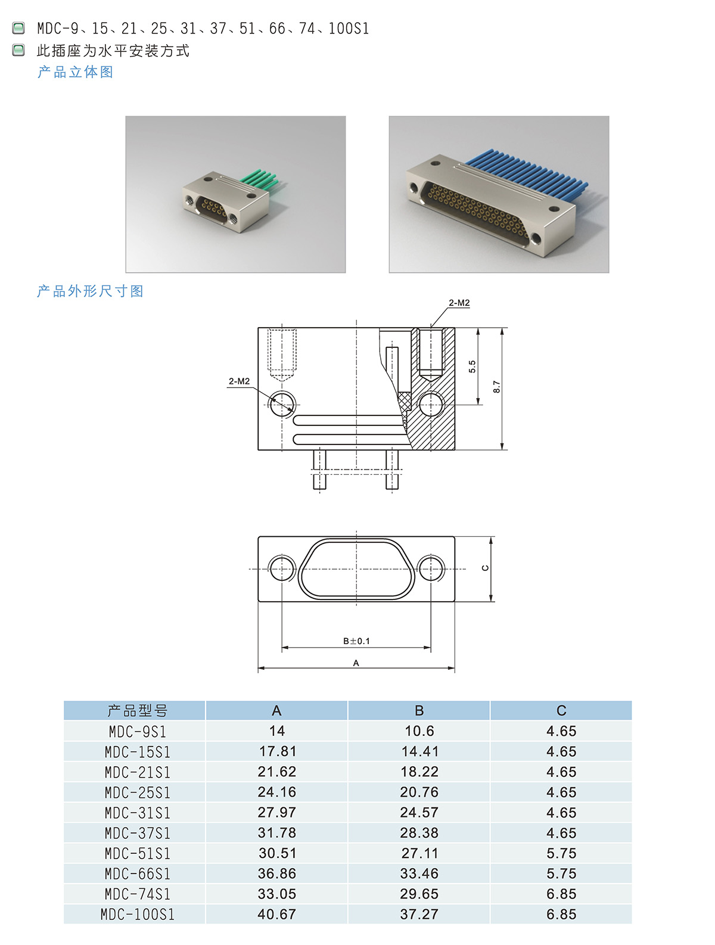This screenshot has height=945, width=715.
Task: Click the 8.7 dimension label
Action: tap(496, 386)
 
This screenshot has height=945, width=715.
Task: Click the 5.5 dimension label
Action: tap(472, 366)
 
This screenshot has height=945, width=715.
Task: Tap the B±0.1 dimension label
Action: tap(356, 641)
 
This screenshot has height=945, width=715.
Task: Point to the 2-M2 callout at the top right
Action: tap(459, 303)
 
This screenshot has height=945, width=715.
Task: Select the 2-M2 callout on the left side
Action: tap(239, 381)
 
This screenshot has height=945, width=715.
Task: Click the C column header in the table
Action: tap(561, 710)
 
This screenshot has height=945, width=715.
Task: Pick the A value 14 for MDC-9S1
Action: tap(277, 730)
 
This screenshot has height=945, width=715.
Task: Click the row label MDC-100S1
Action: tap(137, 914)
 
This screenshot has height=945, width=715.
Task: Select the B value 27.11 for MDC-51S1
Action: tap(419, 853)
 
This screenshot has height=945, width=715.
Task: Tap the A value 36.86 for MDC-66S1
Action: tap(277, 873)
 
